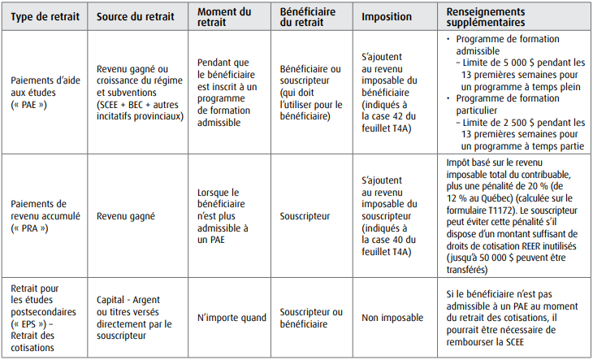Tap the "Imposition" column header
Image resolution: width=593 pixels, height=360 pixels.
(x=387, y=15)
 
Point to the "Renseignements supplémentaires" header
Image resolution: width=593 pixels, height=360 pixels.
(x=496, y=15)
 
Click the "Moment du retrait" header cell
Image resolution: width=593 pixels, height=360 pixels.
(x=226, y=15)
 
